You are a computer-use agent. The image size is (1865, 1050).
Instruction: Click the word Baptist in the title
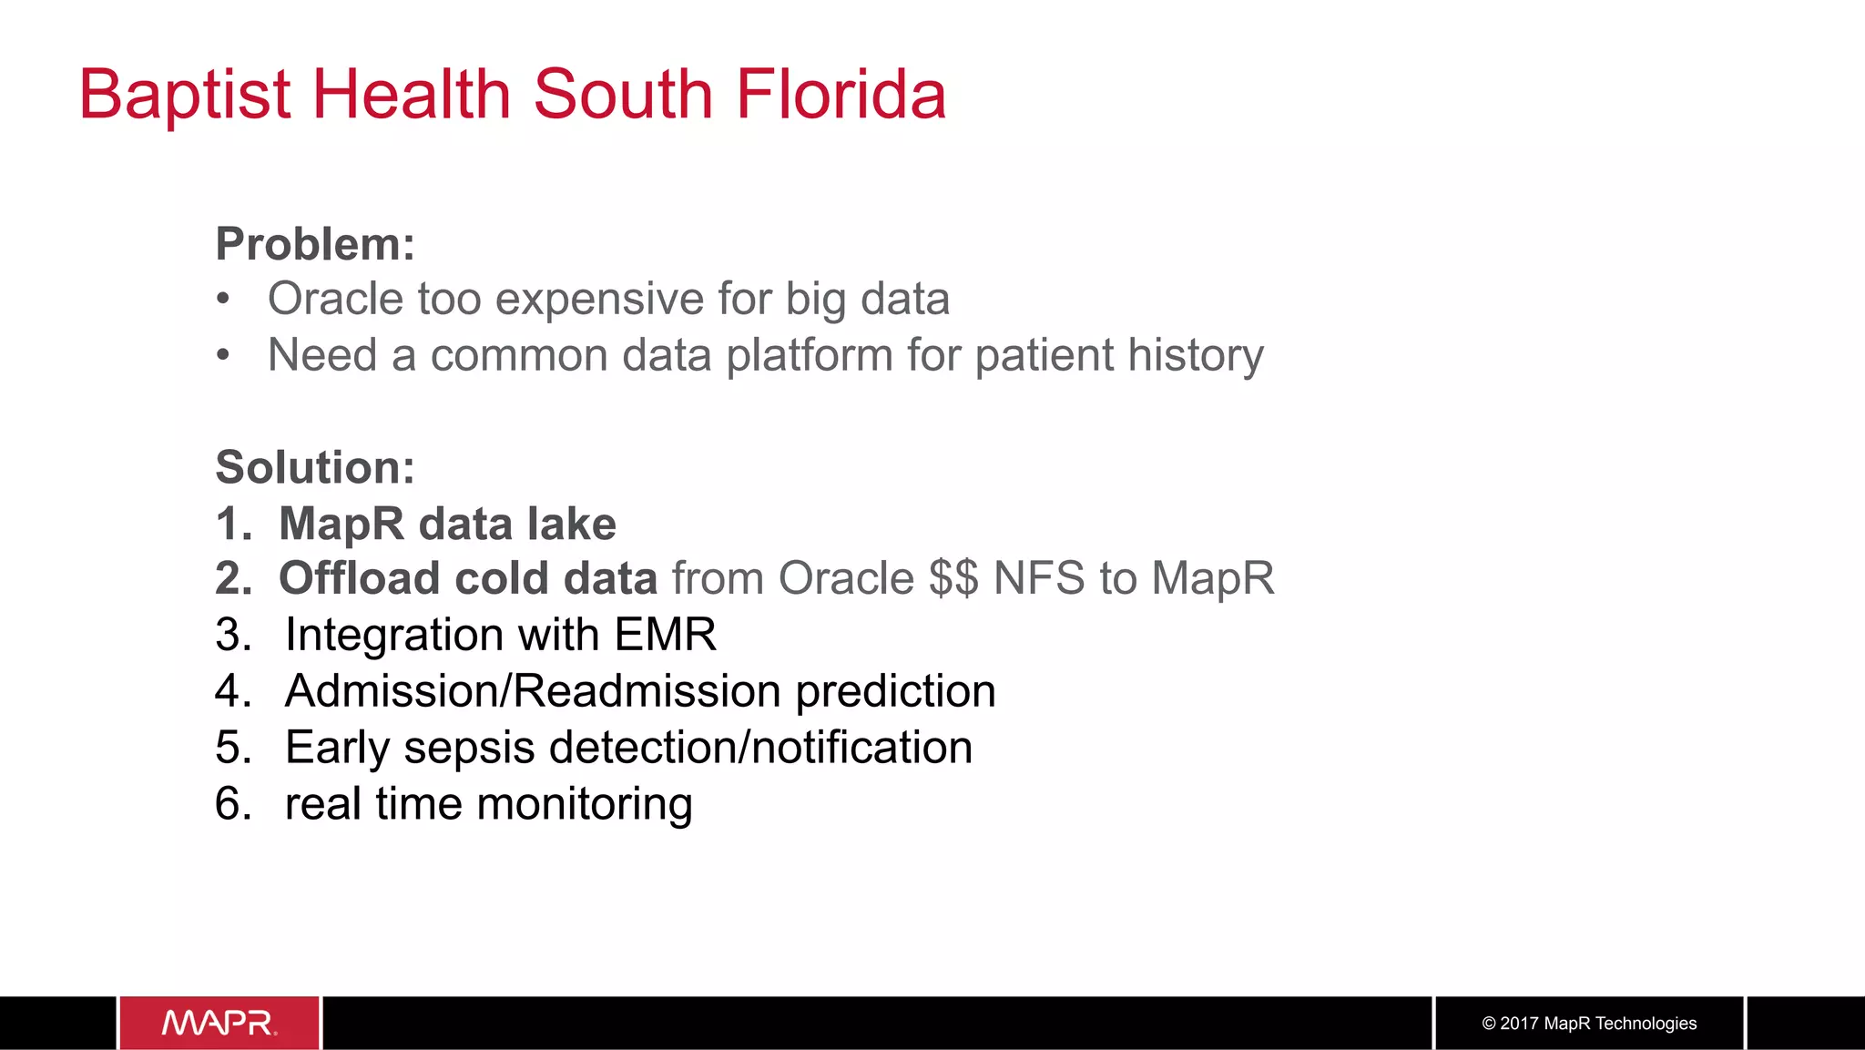[x=185, y=95]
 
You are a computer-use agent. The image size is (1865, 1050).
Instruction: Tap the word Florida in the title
[x=841, y=95]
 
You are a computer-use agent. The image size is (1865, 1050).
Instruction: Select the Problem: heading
[x=315, y=244]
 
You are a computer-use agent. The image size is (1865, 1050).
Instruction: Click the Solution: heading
[x=315, y=467]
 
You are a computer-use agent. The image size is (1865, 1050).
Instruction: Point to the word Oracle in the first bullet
[x=335, y=299]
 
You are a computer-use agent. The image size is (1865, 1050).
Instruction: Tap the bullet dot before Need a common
[x=223, y=355]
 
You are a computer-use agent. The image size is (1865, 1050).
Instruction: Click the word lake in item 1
[x=572, y=524]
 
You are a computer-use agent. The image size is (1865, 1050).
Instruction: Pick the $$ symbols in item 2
[x=953, y=578]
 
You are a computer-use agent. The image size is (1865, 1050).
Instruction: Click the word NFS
[x=1039, y=578]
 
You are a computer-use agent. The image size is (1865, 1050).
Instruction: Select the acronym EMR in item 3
[x=665, y=635]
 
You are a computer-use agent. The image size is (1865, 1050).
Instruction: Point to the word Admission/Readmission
[x=533, y=691]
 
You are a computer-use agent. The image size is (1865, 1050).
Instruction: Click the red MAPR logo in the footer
[x=219, y=1023]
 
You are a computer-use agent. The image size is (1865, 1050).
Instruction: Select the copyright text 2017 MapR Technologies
[x=1589, y=1024]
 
